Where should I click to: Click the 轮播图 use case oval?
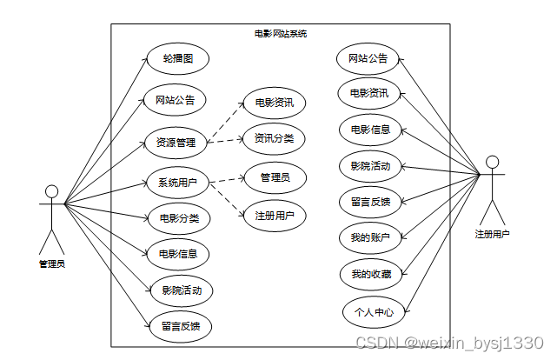(x=176, y=60)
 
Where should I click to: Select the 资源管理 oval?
(x=175, y=141)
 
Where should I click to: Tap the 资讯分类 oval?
(x=274, y=137)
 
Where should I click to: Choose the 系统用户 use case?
(x=176, y=183)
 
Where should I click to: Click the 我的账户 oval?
(x=370, y=237)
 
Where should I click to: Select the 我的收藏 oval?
(x=370, y=274)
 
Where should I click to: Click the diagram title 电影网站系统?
(x=280, y=34)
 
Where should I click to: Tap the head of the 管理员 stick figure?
(x=51, y=191)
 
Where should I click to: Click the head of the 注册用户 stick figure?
(x=493, y=162)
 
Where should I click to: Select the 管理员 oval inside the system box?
(x=275, y=177)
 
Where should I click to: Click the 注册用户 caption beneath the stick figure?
(x=493, y=234)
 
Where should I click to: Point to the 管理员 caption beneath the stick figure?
(x=51, y=263)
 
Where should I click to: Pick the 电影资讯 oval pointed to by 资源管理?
(x=274, y=103)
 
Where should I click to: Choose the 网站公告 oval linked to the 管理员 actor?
(x=175, y=99)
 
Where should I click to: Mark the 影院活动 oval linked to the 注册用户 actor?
(x=370, y=165)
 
